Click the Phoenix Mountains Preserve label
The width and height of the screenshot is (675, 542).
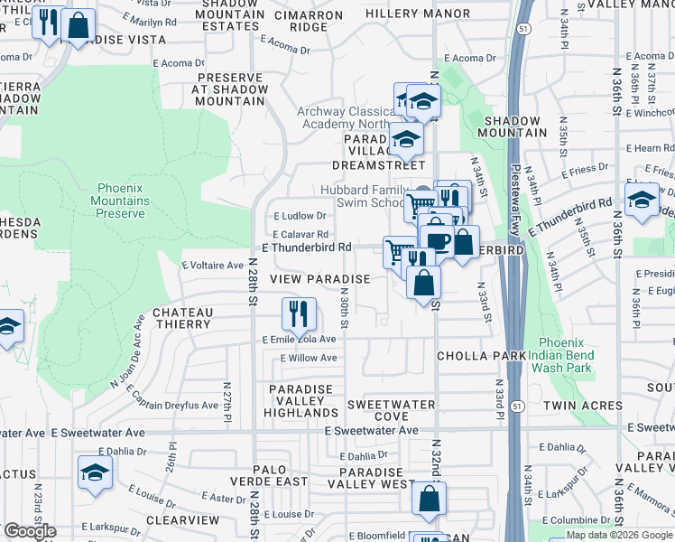120,201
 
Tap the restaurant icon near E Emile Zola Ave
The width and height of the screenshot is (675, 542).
299,314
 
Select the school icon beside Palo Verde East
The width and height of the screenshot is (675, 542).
95,472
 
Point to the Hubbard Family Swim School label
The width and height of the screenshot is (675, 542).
359,196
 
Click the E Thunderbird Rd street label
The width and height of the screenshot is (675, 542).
306,247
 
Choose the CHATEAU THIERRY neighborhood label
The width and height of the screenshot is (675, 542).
182,318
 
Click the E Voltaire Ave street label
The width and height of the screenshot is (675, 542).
212,266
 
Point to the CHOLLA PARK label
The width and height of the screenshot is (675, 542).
481,356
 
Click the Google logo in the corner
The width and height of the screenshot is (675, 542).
29,531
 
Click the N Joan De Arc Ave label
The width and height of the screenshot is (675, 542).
126,351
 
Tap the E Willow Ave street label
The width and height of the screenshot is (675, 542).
308,358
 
